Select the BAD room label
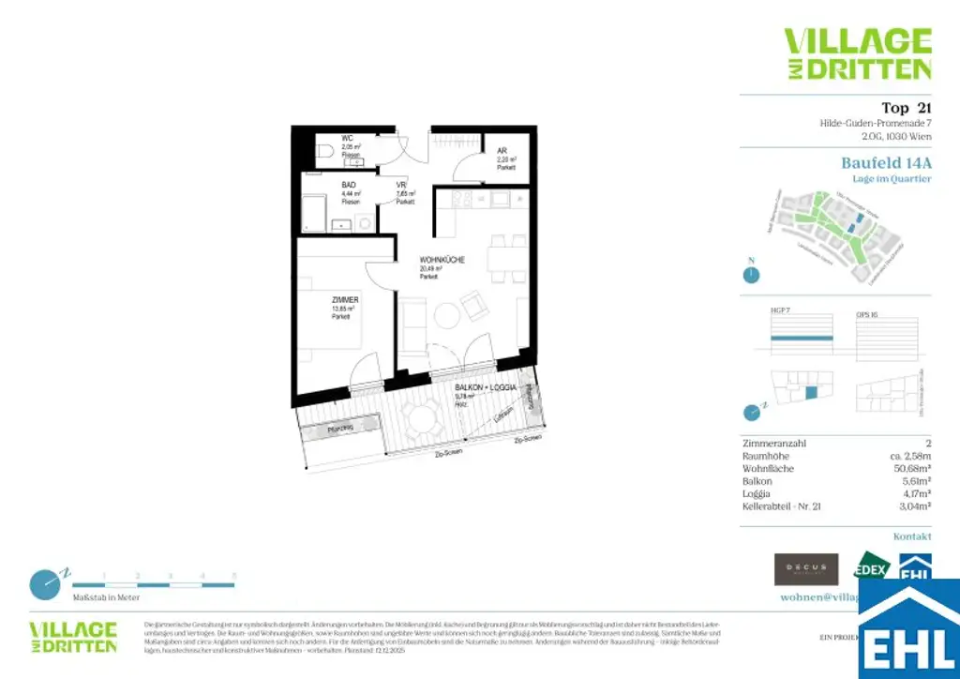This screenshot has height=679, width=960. (349, 186)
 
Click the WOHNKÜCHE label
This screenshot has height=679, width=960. (442, 261)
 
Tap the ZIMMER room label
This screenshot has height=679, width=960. (345, 300)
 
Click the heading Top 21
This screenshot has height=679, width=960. (906, 108)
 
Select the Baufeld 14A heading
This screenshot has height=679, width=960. (886, 163)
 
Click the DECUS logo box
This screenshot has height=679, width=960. (805, 569)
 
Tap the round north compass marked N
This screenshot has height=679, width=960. (750, 275)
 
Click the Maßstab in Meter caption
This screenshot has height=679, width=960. (106, 597)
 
